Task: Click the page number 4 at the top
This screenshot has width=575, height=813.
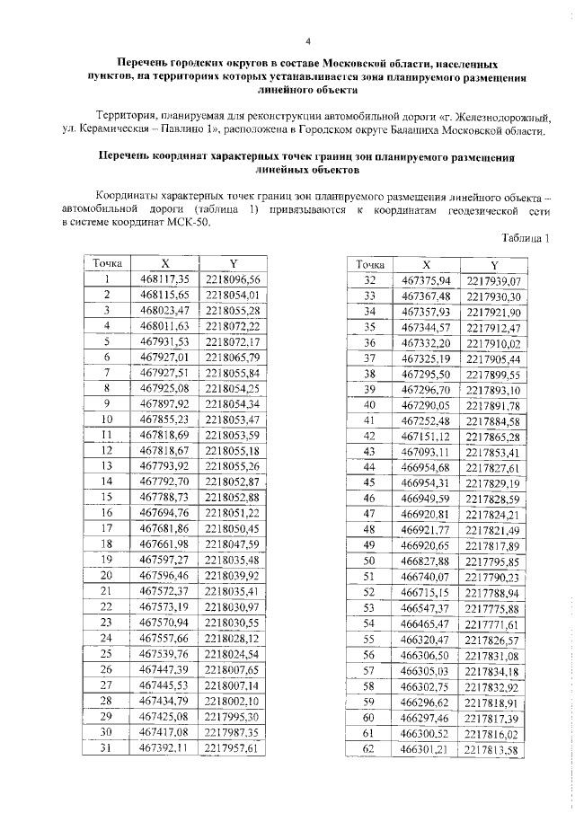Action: [308, 40]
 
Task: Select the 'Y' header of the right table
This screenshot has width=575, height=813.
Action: [494, 265]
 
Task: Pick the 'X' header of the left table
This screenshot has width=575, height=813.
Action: [165, 263]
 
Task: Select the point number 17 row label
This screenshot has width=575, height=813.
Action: [106, 527]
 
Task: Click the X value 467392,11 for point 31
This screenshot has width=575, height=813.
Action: [165, 746]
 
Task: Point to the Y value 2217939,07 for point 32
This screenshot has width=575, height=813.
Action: [494, 279]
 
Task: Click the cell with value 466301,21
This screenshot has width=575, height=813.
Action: [427, 747]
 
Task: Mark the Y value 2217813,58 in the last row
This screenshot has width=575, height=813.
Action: [494, 748]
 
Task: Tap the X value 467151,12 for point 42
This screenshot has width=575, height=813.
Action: [427, 436]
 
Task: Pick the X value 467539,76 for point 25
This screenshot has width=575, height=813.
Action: [165, 652]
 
